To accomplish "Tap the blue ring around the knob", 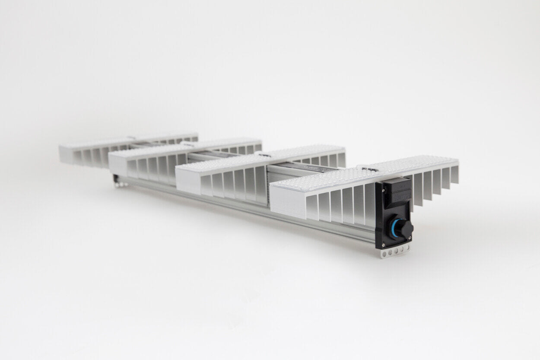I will (x=394, y=228).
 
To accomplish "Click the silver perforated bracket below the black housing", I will (x=394, y=251).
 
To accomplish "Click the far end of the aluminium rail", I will (x=118, y=182).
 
